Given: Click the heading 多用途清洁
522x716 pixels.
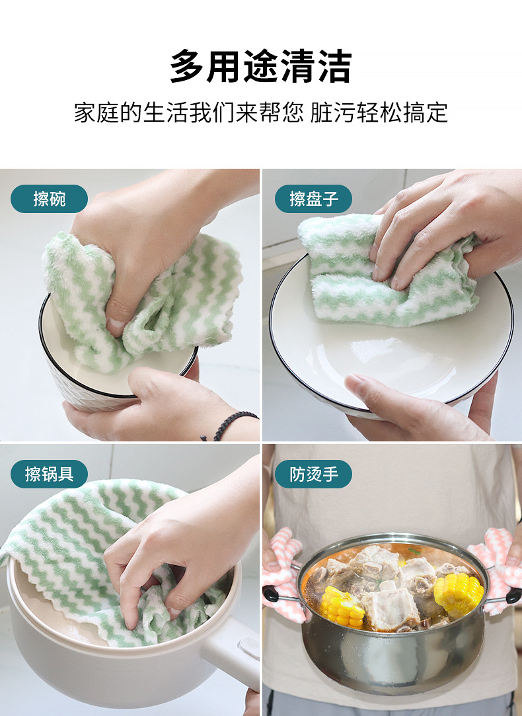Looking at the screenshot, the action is (261, 66).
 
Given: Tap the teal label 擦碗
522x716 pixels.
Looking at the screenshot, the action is (50, 199).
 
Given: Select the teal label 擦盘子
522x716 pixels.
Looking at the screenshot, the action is (313, 199).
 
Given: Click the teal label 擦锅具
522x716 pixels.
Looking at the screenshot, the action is (50, 474).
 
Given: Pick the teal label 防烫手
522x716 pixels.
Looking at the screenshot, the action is (313, 474).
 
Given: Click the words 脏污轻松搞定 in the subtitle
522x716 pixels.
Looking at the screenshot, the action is (379, 112).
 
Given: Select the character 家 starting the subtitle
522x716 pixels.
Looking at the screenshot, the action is (85, 112).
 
